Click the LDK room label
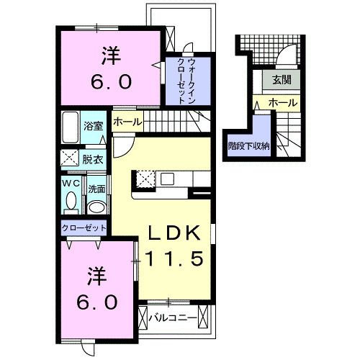[x=178, y=235]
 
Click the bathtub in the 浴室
[x=70, y=128]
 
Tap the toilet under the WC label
[x=70, y=204]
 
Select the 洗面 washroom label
[x=96, y=189]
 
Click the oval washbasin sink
[x=96, y=207]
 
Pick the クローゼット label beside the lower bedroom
[x=84, y=228]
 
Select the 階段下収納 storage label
[x=248, y=145]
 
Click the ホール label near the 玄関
[x=282, y=104]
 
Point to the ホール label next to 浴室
[x=127, y=122]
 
